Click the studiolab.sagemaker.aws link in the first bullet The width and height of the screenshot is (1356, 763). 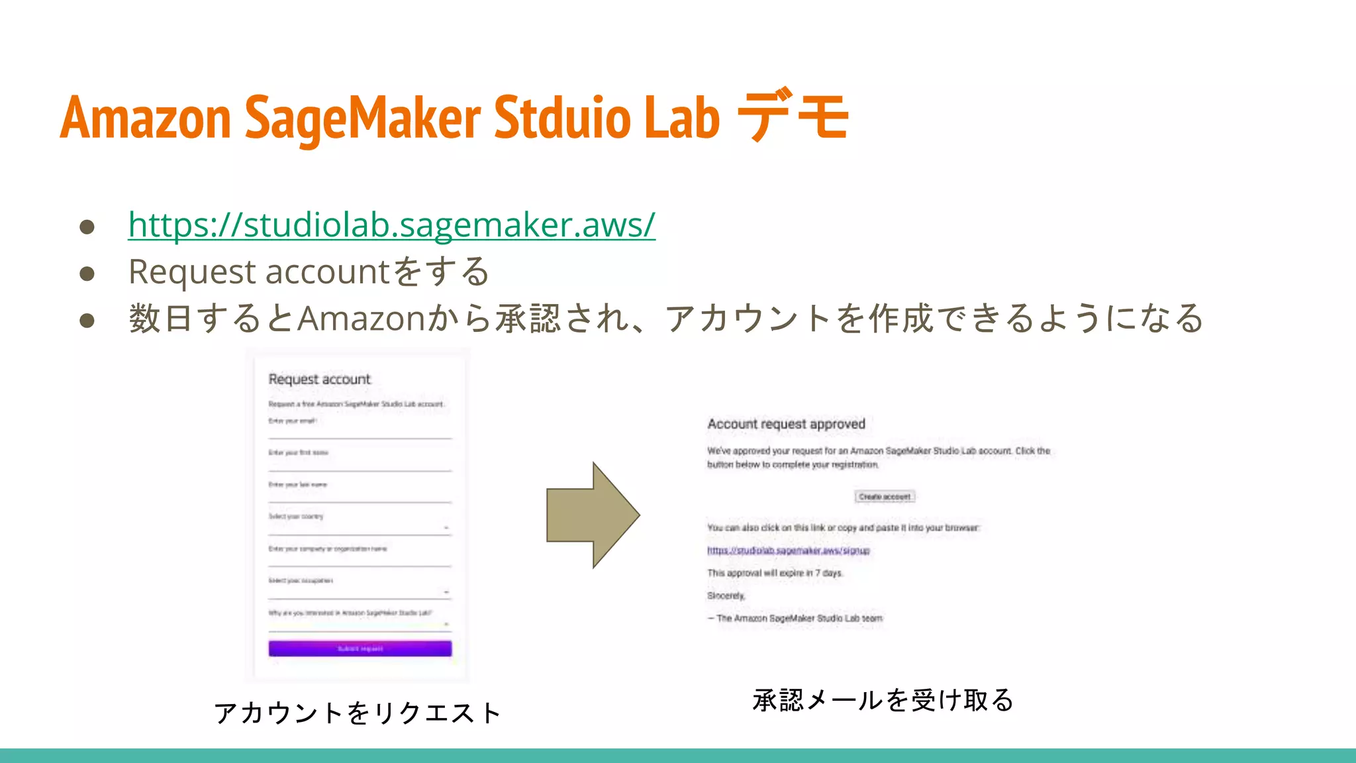(x=391, y=225)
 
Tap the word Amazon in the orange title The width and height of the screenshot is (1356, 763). (x=146, y=117)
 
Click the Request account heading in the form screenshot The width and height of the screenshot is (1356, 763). (x=319, y=380)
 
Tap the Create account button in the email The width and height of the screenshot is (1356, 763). (x=885, y=497)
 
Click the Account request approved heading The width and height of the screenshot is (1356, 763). (x=786, y=424)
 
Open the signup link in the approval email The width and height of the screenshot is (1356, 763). (x=788, y=550)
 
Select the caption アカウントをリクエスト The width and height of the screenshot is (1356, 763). (x=358, y=713)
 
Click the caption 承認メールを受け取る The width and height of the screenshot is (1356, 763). (x=883, y=700)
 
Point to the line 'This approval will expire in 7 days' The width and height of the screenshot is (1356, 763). (x=775, y=573)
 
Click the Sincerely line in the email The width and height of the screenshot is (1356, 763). (x=726, y=596)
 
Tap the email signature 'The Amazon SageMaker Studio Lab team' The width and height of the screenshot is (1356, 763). (x=799, y=619)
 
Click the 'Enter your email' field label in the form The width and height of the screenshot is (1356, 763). (x=292, y=421)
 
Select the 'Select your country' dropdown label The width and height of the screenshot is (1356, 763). (x=295, y=517)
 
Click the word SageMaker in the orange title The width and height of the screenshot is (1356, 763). (x=363, y=117)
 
